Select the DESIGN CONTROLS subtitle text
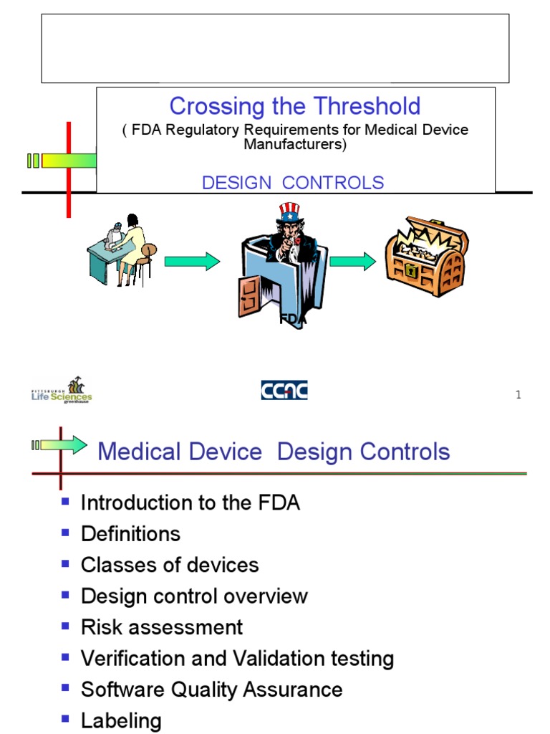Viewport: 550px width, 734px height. click(x=293, y=183)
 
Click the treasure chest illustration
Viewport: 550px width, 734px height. click(x=427, y=255)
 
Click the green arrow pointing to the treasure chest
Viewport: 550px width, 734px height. click(x=352, y=262)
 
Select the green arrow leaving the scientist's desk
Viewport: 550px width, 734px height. click(x=191, y=262)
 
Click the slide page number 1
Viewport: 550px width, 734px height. click(x=518, y=396)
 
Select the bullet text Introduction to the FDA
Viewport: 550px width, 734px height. click(x=190, y=503)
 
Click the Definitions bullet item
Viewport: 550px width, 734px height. click(x=130, y=534)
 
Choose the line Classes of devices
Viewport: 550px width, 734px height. click(x=170, y=565)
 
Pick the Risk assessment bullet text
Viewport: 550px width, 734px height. click(x=162, y=627)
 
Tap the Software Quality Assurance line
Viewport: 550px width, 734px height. click(x=211, y=690)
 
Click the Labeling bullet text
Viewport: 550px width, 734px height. click(x=121, y=720)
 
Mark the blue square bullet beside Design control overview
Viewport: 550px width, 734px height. click(x=66, y=595)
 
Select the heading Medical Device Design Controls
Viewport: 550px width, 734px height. click(x=274, y=452)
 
